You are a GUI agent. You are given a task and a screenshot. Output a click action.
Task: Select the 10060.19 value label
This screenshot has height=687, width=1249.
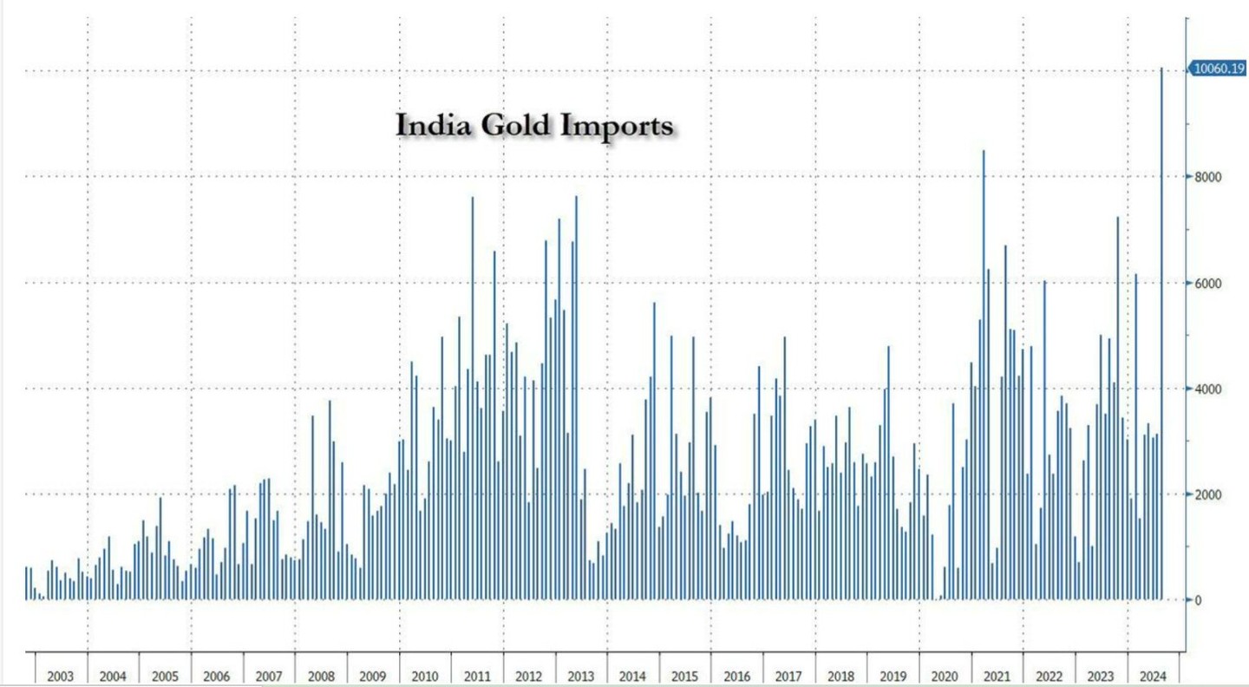(x=1219, y=69)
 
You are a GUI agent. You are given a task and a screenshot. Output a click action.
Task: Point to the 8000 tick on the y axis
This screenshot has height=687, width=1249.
(x=1207, y=177)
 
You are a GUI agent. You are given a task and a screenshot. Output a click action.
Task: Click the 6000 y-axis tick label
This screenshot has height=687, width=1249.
(x=1207, y=283)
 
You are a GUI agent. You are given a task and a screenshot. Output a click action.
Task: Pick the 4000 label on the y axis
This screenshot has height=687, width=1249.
(x=1207, y=389)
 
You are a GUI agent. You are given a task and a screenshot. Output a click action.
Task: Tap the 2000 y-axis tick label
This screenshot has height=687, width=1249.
(x=1207, y=494)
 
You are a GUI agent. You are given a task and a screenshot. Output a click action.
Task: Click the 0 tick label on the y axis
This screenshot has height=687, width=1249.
(x=1198, y=600)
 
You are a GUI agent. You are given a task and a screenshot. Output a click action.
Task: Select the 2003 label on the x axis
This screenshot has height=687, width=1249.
(x=61, y=677)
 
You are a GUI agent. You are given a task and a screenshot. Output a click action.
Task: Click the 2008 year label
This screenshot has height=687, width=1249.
(x=321, y=677)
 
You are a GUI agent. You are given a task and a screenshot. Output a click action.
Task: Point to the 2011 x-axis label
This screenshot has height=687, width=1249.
(x=477, y=677)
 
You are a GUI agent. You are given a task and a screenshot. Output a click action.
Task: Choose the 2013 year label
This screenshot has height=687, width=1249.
(x=581, y=677)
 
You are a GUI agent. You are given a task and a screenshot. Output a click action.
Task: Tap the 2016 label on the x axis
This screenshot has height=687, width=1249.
(x=736, y=677)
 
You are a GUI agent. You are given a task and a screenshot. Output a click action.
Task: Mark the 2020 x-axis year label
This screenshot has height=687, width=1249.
(x=945, y=677)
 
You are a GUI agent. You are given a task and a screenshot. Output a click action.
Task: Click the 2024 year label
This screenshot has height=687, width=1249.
(x=1153, y=677)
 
